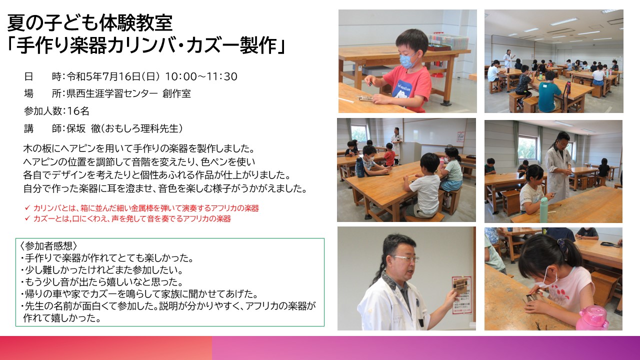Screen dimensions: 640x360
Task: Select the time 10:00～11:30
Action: tap(201, 76)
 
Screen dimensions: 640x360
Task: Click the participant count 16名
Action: tap(78, 111)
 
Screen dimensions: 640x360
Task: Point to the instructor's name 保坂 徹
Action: tap(83, 128)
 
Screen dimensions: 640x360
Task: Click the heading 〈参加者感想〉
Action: tap(48, 246)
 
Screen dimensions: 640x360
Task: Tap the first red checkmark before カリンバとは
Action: tap(27, 207)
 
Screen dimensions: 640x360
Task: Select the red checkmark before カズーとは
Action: tap(27, 218)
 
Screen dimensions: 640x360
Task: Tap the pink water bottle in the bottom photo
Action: tap(591, 318)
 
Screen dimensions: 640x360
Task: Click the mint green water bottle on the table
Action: tap(543, 209)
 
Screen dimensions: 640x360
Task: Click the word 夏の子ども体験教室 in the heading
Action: tap(90, 23)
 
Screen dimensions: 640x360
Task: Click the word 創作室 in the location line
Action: tap(176, 93)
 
